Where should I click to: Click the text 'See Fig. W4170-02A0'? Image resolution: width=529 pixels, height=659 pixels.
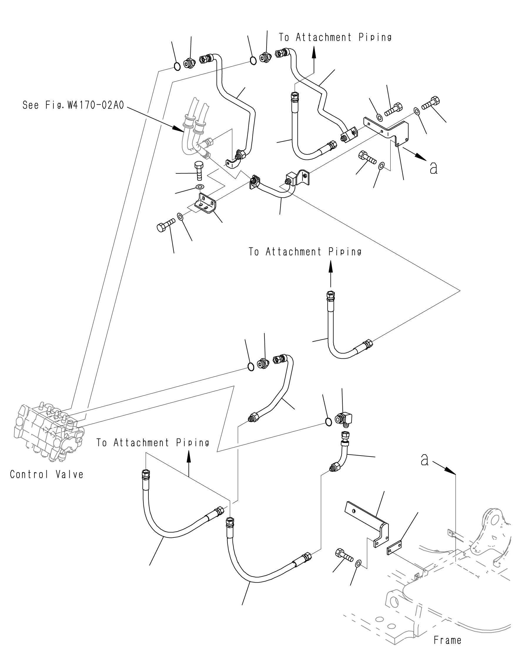[73, 105]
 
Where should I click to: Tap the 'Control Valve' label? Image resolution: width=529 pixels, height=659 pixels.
[46, 474]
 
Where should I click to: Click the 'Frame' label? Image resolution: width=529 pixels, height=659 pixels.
[447, 640]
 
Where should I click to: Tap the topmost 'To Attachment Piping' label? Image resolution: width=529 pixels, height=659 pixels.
[335, 37]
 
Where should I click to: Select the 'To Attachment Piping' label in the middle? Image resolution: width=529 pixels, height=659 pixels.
[305, 252]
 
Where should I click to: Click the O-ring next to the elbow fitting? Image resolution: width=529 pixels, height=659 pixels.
[328, 422]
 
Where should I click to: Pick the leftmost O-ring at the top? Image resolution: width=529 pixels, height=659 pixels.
[177, 66]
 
